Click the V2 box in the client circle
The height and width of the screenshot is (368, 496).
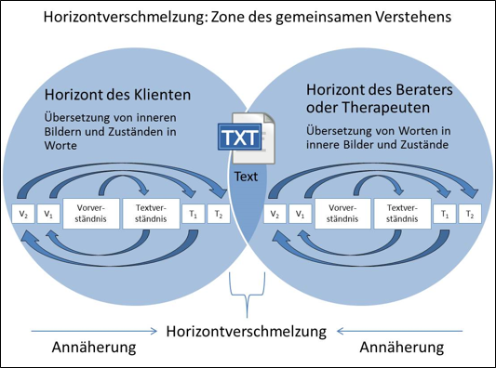pyautogui.click(x=23, y=214)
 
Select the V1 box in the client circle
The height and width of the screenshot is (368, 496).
pyautogui.click(x=48, y=214)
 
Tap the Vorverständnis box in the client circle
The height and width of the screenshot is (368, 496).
pyautogui.click(x=91, y=214)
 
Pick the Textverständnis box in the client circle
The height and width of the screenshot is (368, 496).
pyautogui.click(x=151, y=214)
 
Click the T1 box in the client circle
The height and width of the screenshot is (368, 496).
pyautogui.click(x=194, y=214)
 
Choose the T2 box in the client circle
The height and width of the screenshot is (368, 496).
pyautogui.click(x=219, y=214)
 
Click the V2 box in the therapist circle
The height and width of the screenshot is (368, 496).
pyautogui.click(x=275, y=214)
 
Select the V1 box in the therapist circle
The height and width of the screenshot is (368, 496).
pyautogui.click(x=301, y=214)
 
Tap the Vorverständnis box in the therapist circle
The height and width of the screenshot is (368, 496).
pyautogui.click(x=342, y=214)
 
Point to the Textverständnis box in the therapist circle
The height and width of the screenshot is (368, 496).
pyautogui.click(x=402, y=214)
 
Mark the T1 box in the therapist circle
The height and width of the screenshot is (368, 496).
pyautogui.click(x=445, y=214)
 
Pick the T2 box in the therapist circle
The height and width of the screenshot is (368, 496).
pyautogui.click(x=470, y=214)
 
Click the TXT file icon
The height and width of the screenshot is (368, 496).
pyautogui.click(x=247, y=138)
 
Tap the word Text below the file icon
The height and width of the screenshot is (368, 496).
pyautogui.click(x=246, y=177)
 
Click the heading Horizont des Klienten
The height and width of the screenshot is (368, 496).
pyautogui.click(x=117, y=95)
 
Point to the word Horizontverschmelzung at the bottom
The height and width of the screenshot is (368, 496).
pyautogui.click(x=247, y=332)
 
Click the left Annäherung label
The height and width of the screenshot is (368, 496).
pyautogui.click(x=94, y=348)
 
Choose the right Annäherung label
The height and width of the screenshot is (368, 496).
pyautogui.click(x=402, y=348)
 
